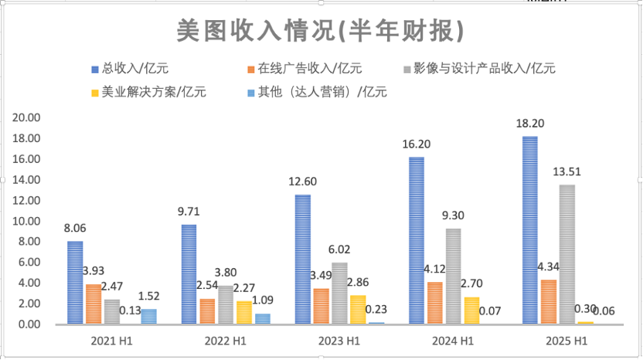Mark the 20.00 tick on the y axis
tap(27, 117)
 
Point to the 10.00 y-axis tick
tap(27, 221)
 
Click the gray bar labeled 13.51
tap(566, 254)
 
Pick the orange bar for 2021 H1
tap(94, 304)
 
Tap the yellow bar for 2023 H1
tap(359, 309)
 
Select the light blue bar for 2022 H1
tap(263, 318)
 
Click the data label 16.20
tap(416, 144)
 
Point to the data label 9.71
tap(189, 211)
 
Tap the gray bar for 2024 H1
tap(453, 276)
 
